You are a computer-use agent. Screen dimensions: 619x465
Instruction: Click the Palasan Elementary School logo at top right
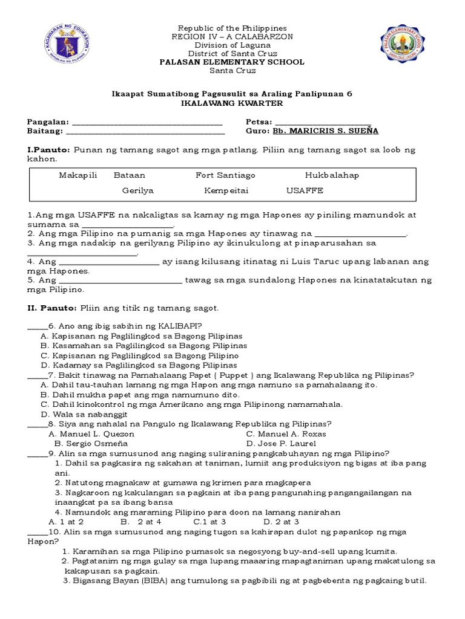coord(404,50)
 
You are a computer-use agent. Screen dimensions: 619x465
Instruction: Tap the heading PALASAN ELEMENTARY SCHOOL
coord(232,62)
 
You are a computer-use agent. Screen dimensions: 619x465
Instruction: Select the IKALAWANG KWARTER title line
coord(232,103)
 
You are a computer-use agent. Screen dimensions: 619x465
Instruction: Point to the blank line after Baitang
coord(145,131)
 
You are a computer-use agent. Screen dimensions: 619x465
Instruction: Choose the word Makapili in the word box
coord(77,175)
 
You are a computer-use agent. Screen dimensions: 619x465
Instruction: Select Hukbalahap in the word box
coord(332,175)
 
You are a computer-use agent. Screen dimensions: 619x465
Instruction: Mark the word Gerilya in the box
coord(138,190)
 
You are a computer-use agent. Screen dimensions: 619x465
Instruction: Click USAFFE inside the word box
coord(305,190)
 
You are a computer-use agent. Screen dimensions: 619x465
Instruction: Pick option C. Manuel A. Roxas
coord(286,434)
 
